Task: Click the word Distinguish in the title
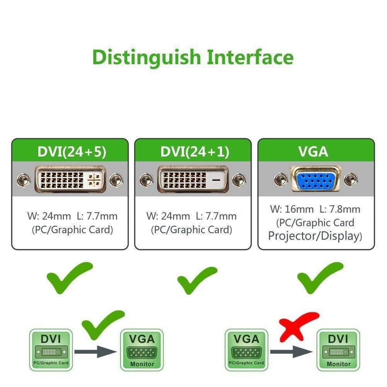[x=147, y=57]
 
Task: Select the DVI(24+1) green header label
[x=194, y=152]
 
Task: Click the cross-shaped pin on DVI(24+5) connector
[x=94, y=180]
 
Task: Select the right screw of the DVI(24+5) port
[x=115, y=180]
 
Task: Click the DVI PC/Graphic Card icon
[x=51, y=350]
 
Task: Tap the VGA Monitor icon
[x=142, y=350]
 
